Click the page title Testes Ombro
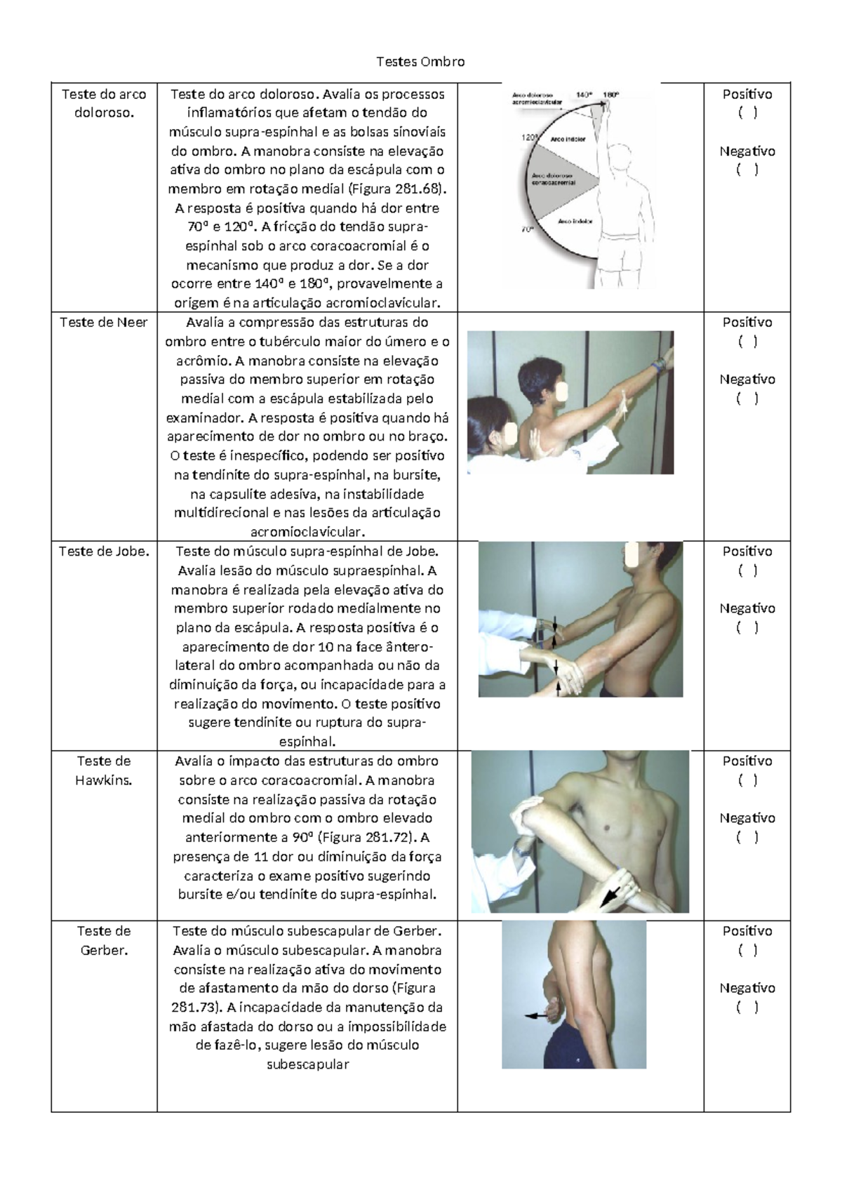click(x=420, y=62)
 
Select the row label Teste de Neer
click(x=104, y=323)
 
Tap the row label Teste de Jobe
click(x=104, y=551)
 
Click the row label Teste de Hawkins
click(x=104, y=770)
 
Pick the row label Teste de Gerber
click(x=104, y=940)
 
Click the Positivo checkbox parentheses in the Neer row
click(x=747, y=342)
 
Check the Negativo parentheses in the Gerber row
click(x=747, y=1008)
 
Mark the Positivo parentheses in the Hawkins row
click(x=747, y=780)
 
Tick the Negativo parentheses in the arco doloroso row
click(x=747, y=170)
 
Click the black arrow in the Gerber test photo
click(x=537, y=1015)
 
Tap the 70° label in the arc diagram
click(x=527, y=229)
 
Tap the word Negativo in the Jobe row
click(x=747, y=608)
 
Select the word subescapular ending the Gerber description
click(x=307, y=1064)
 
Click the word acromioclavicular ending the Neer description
click(x=307, y=532)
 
